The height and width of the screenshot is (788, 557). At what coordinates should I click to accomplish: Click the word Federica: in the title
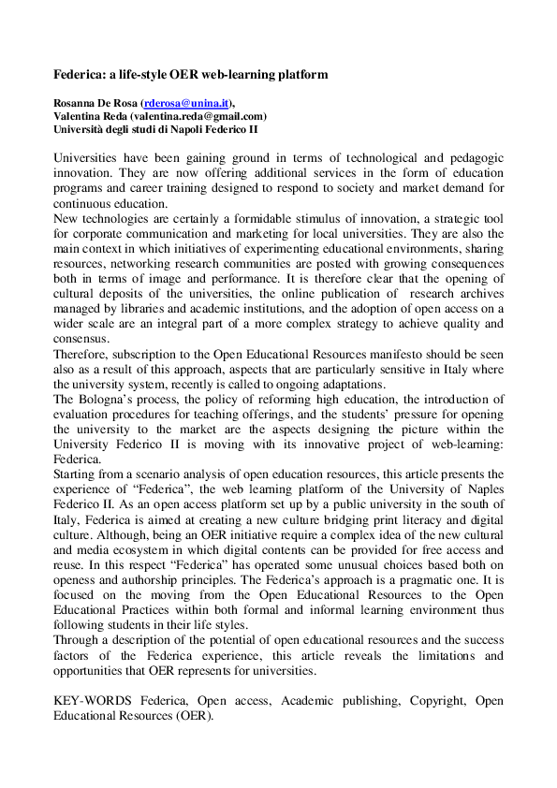point(80,73)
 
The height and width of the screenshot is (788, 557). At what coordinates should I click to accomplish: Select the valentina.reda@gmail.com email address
point(198,116)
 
